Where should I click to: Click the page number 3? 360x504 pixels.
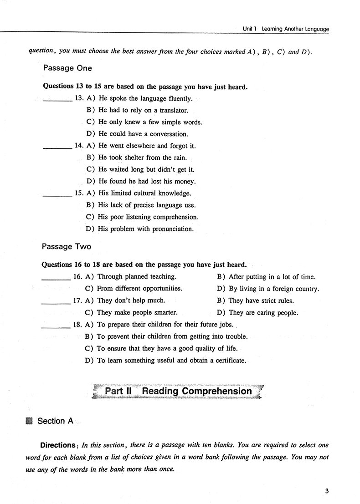tap(327, 491)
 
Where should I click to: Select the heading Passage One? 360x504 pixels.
tap(67, 68)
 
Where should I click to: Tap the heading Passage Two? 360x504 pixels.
tap(67, 247)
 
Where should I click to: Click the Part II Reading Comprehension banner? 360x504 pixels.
tap(178, 392)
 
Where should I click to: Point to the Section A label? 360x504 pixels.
tap(55, 421)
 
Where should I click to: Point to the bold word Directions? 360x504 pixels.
tap(58, 445)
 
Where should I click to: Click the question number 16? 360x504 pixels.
tap(77, 277)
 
